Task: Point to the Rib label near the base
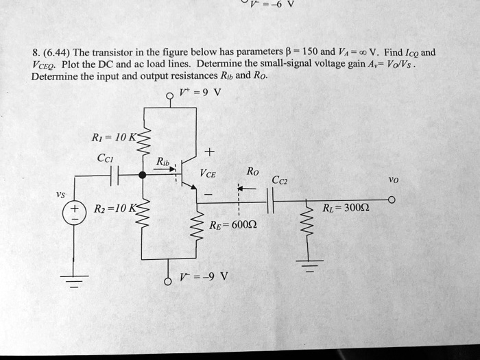[162, 162]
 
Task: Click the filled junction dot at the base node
[142, 175]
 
